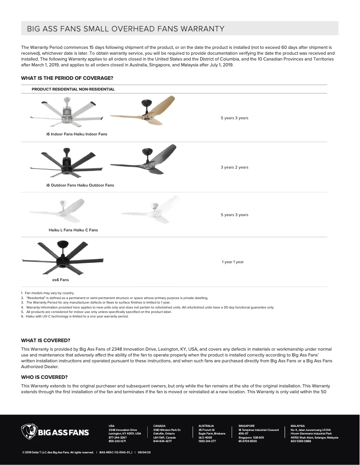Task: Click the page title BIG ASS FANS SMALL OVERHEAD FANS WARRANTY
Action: (x=126, y=29)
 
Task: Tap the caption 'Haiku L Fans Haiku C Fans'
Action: (x=73, y=230)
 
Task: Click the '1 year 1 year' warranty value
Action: (x=233, y=262)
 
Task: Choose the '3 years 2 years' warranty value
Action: (x=234, y=167)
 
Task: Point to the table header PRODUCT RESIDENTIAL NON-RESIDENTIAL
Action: (x=73, y=89)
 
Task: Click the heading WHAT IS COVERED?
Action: (x=46, y=340)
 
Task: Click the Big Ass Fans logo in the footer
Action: (x=55, y=432)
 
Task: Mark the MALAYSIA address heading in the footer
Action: (x=298, y=426)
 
